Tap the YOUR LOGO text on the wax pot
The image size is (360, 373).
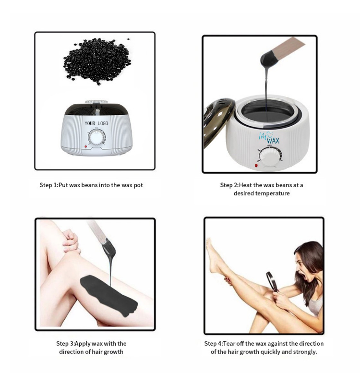tap(96, 123)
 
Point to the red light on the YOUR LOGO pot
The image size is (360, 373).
tap(85, 147)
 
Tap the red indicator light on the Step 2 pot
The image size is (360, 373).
tap(256, 165)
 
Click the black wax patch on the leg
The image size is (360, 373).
tap(109, 296)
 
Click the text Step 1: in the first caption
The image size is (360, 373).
tap(49, 185)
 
